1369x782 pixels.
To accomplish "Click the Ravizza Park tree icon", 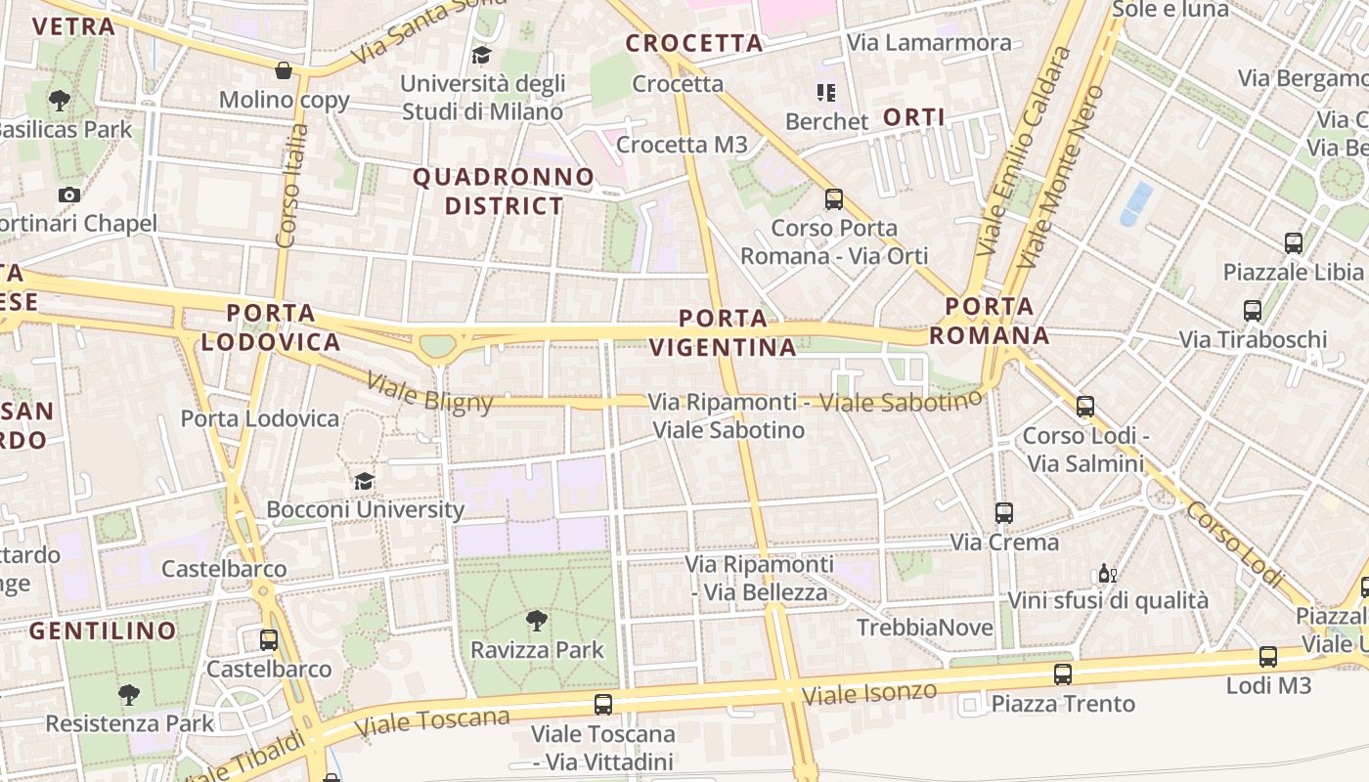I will point(536,620).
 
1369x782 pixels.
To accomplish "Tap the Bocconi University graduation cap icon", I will point(364,481).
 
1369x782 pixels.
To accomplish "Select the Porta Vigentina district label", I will point(724,332).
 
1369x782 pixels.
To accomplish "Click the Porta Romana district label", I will point(990,321).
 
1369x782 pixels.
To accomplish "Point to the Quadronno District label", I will point(504,192).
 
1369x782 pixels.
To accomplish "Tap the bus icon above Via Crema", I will point(1003,512).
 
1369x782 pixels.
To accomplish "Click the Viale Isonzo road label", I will point(869,693).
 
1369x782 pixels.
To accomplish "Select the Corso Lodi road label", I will point(1234,545).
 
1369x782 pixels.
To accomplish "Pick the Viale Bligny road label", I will point(429,391).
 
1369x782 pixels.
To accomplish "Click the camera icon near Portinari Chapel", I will point(68,195).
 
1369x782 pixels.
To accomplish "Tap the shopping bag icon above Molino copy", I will point(284,70).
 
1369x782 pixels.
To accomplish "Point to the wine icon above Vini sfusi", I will point(1107,574).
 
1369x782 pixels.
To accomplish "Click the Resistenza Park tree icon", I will point(128,695).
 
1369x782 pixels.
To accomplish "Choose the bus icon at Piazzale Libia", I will point(1294,242).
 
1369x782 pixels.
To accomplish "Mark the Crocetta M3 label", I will point(682,145).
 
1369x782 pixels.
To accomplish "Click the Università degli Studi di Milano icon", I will point(481,55).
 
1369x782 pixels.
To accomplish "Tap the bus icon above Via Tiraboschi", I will point(1253,311).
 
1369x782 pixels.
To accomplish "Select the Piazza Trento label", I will point(1062,704).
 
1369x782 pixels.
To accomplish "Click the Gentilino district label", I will point(103,630).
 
